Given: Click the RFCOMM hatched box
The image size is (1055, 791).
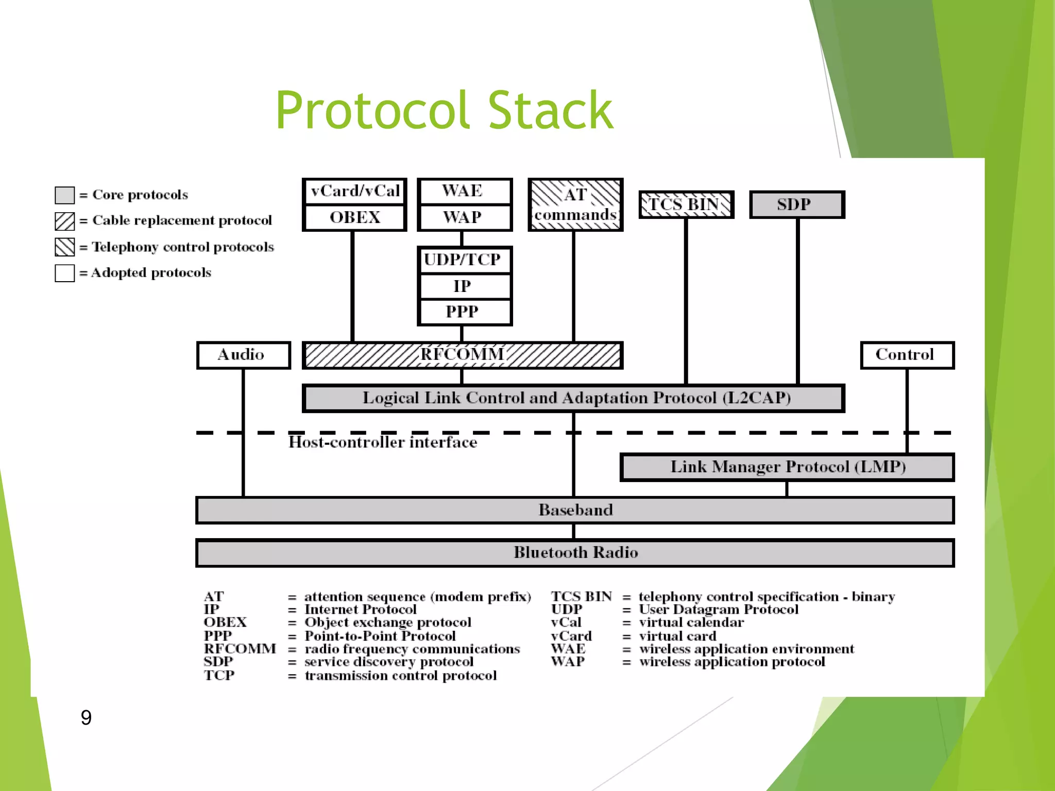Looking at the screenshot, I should (462, 355).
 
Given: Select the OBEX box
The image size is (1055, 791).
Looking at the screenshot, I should (354, 217).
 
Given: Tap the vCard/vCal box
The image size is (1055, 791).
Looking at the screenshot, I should (354, 191).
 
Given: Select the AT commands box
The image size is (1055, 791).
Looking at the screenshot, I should (575, 204).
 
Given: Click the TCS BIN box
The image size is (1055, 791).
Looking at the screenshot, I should (686, 204).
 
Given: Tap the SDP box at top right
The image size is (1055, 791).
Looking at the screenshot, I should (796, 204).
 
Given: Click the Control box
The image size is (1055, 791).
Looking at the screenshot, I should (907, 355).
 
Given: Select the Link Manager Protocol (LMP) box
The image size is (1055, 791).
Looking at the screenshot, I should (787, 467).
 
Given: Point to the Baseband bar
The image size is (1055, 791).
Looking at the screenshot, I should (575, 510).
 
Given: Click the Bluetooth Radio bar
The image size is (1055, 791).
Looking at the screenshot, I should (575, 553).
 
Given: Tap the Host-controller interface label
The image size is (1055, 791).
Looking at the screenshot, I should (382, 442).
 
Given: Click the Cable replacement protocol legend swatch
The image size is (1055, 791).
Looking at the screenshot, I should (65, 221).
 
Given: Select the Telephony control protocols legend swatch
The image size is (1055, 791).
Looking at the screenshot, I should (65, 247).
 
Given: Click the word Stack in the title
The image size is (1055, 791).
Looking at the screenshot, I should (550, 110).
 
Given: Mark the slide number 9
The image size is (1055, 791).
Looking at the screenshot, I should (86, 717).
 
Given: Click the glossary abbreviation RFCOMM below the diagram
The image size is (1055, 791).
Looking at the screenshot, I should (240, 649).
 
